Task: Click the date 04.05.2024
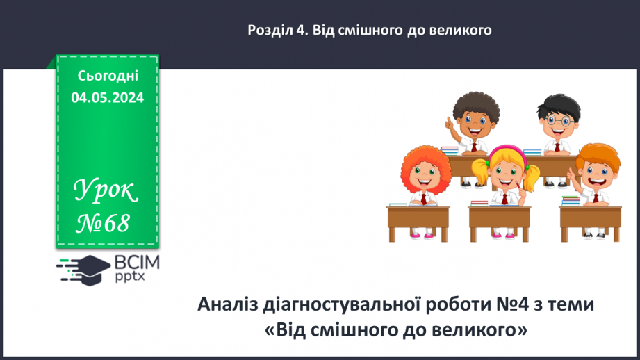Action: (x=107, y=98)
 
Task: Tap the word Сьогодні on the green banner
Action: (x=107, y=76)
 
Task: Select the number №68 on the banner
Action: (x=104, y=224)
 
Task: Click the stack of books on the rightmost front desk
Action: (x=571, y=201)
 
